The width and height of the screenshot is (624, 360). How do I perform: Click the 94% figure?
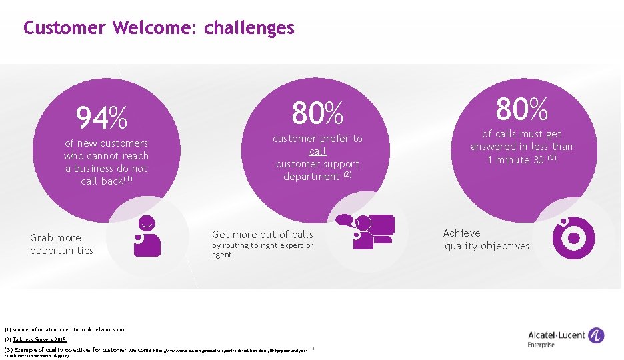tap(101, 119)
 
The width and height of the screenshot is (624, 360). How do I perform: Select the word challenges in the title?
tap(249, 28)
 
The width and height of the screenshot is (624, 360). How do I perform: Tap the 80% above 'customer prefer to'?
tap(317, 114)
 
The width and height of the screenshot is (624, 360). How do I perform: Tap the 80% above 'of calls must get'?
tap(521, 108)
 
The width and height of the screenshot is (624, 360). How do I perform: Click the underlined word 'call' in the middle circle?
tap(318, 151)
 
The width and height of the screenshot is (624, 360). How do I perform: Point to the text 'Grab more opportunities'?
tap(61, 244)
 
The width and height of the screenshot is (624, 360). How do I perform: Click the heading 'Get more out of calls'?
tap(262, 234)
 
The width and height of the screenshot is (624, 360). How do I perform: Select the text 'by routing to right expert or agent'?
tap(262, 250)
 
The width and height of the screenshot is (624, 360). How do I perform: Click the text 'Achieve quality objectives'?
tap(486, 239)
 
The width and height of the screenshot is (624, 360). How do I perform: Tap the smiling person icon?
tap(147, 235)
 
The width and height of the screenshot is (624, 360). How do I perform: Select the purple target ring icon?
tap(573, 238)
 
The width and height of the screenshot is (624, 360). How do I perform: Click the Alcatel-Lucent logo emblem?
tap(597, 335)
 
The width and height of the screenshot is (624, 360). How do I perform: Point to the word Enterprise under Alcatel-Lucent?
tap(541, 345)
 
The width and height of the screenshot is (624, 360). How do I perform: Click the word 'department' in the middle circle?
tap(311, 177)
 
